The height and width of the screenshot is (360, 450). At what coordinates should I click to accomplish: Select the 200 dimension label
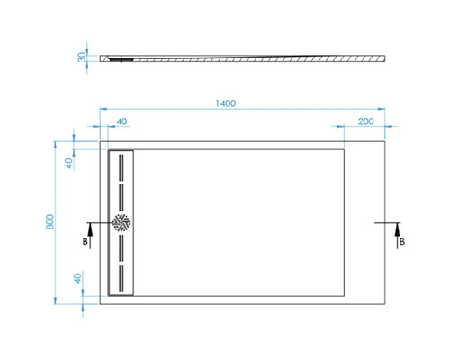[x=366, y=121]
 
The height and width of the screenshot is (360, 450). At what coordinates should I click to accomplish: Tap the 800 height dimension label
[x=51, y=221]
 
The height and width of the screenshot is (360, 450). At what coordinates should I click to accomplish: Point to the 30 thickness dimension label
[x=82, y=57]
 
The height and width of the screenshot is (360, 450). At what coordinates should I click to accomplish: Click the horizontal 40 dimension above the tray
[x=121, y=121]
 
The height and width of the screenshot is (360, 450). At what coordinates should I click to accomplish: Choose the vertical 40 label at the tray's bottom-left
[x=77, y=278]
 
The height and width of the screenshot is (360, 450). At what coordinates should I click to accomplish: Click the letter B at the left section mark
[x=85, y=242]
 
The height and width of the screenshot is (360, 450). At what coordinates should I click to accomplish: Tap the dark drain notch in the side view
[x=121, y=60]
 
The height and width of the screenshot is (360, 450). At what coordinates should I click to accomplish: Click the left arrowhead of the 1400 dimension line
[x=100, y=112]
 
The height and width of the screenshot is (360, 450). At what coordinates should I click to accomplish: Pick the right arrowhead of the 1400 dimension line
[x=387, y=112]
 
